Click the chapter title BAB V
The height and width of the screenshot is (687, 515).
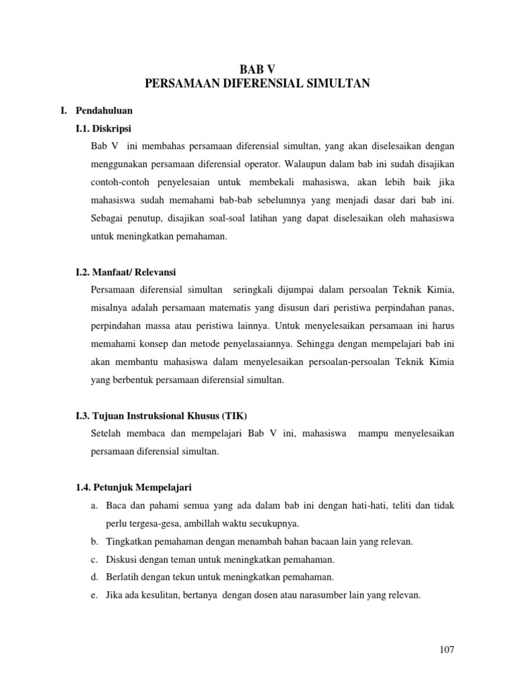pyautogui.click(x=257, y=68)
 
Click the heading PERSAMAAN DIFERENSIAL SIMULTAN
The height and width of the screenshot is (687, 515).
pyautogui.click(x=257, y=83)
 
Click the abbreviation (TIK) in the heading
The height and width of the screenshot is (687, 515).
pyautogui.click(x=243, y=416)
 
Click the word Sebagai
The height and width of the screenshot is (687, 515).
pyautogui.click(x=107, y=217)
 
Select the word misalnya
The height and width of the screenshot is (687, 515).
pyautogui.click(x=110, y=308)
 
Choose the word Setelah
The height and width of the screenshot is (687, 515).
pyautogui.click(x=107, y=433)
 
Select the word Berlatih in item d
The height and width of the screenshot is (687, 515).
pyautogui.click(x=123, y=576)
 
